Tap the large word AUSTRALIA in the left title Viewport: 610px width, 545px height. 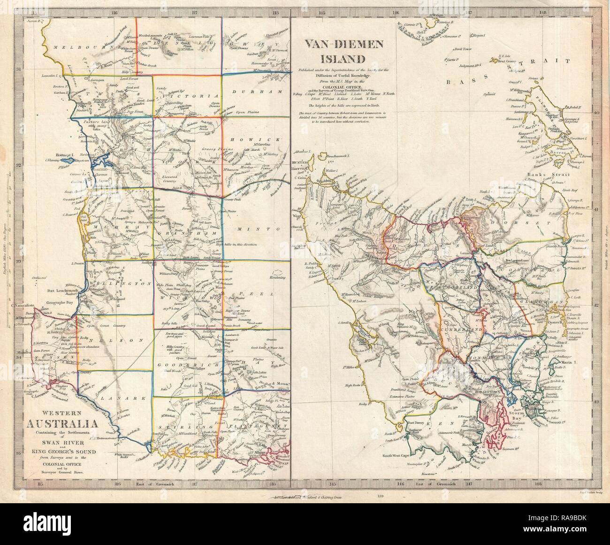click(66, 426)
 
